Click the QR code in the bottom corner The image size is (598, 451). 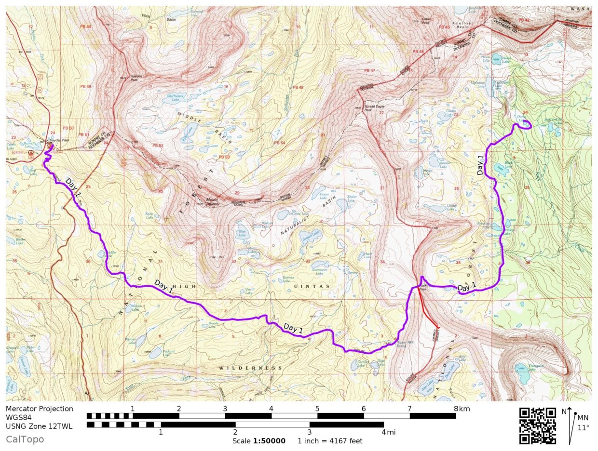click(x=537, y=426)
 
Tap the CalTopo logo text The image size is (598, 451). click(x=25, y=439)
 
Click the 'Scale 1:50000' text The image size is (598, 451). click(x=259, y=441)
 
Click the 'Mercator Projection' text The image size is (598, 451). click(x=40, y=409)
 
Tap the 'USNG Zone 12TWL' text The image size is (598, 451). click(x=40, y=424)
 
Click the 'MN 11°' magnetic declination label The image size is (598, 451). click(x=583, y=422)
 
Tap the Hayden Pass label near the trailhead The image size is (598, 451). click(x=59, y=140)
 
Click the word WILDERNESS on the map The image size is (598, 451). click(x=250, y=368)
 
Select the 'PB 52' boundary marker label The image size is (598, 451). click(x=158, y=145)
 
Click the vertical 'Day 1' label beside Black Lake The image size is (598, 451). click(x=480, y=165)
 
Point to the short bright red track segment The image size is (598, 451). click(x=428, y=311)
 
